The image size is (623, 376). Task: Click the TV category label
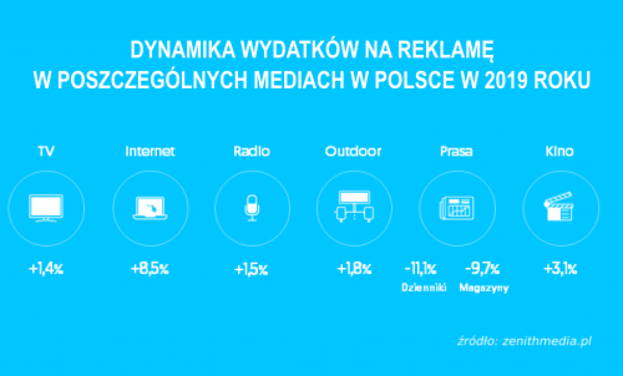[46, 151]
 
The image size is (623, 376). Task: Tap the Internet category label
[150, 151]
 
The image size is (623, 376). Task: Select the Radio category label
[251, 151]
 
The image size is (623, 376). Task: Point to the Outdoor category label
[353, 151]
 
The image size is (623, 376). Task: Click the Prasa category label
[456, 151]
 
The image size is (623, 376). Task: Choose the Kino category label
[560, 151]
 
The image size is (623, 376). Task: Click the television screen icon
[46, 208]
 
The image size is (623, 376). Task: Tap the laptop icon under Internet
[150, 208]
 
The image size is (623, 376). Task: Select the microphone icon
[252, 208]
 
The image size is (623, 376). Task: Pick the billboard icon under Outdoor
[355, 207]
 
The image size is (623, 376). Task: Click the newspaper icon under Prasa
[457, 208]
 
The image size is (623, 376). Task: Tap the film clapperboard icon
[559, 206]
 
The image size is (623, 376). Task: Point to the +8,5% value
[150, 269]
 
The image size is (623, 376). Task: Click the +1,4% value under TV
[46, 269]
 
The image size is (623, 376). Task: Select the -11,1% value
[420, 269]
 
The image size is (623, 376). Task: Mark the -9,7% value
[482, 269]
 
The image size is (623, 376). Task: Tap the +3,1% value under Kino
[560, 269]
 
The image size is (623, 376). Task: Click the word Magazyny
[484, 288]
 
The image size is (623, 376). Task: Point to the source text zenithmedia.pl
[547, 341]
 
